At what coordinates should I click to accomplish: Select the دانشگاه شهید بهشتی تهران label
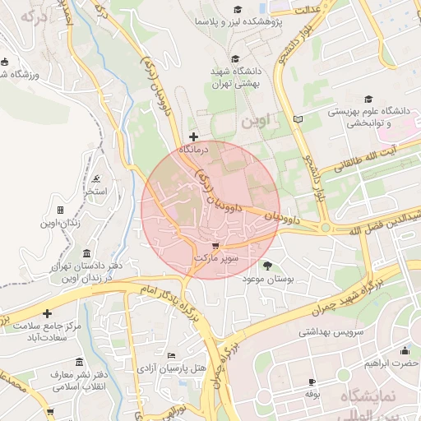(x=236, y=77)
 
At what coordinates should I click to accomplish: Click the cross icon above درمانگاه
(x=193, y=136)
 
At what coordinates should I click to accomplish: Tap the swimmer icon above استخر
(x=97, y=178)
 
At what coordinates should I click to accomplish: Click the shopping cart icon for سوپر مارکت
(x=215, y=245)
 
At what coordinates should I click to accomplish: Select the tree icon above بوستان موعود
(x=267, y=265)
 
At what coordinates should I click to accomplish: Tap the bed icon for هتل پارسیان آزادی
(x=170, y=355)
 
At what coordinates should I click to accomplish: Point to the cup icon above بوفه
(x=312, y=382)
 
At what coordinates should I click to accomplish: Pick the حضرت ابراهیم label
(x=393, y=363)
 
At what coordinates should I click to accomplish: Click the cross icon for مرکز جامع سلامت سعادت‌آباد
(x=48, y=313)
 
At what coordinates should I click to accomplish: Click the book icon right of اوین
(x=298, y=120)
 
